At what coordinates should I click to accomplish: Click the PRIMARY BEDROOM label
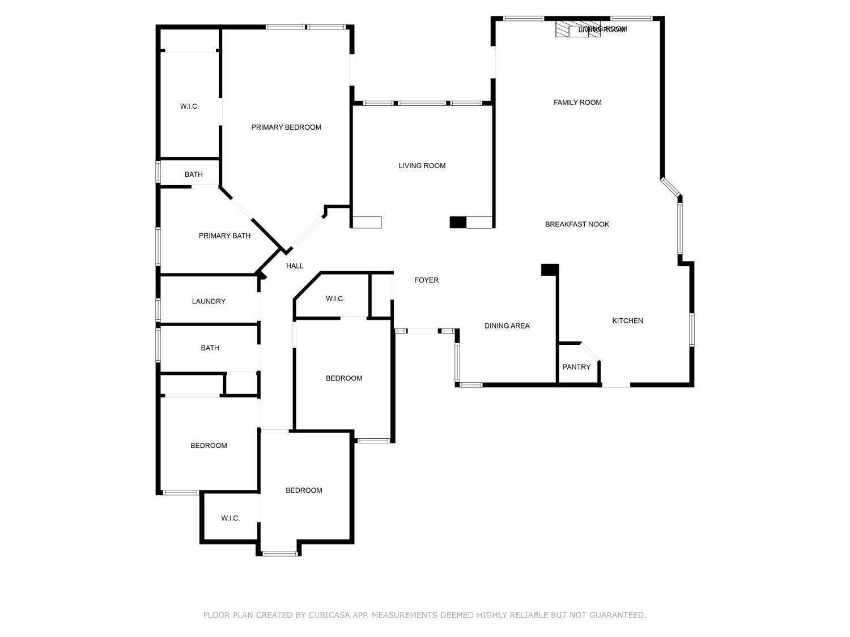pos(286,127)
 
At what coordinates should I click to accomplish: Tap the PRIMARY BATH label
pos(224,236)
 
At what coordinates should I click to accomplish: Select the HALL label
pos(295,266)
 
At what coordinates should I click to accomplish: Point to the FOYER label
pos(426,280)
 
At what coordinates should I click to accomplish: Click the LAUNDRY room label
pos(209,302)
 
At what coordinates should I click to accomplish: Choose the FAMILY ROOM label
pos(577,102)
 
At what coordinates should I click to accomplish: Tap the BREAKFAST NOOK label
pos(577,224)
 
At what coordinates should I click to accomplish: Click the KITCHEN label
pos(627,321)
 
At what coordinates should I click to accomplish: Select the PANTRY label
pos(576,367)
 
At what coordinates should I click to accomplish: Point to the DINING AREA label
pos(507,326)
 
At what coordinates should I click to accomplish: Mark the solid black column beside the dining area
pos(550,270)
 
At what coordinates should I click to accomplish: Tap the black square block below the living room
pos(458,223)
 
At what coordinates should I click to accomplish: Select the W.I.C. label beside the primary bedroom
pos(189,106)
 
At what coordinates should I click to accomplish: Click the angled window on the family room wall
pos(670,187)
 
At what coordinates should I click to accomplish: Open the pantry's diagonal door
pos(590,352)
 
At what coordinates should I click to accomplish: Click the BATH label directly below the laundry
pos(210,348)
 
